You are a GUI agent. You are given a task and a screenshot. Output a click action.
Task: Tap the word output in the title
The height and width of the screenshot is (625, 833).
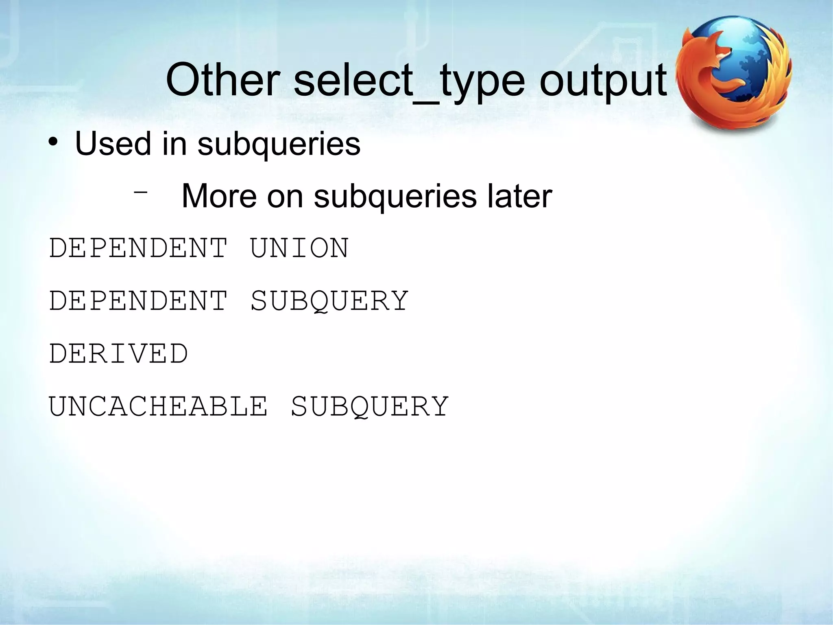(603, 81)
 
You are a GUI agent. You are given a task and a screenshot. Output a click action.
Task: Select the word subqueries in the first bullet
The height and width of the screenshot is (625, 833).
(279, 144)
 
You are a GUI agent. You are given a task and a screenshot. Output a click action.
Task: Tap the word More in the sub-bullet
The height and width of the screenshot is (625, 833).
(219, 196)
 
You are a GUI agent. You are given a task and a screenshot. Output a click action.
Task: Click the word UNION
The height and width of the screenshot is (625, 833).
(299, 248)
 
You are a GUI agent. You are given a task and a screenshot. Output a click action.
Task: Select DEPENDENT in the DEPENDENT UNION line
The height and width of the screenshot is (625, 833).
(138, 248)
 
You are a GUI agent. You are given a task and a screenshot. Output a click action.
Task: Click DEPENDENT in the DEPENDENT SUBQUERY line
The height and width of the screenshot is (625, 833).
(138, 301)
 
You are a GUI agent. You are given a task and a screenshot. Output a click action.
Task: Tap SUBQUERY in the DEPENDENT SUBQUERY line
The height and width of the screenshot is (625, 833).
(329, 302)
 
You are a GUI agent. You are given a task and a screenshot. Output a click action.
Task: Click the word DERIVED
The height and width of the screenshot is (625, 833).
(118, 353)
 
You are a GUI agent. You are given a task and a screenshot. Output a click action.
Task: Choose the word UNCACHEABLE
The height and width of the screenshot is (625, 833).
(158, 406)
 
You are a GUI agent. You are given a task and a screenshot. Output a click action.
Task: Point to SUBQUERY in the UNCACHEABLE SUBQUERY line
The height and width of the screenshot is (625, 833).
(370, 407)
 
